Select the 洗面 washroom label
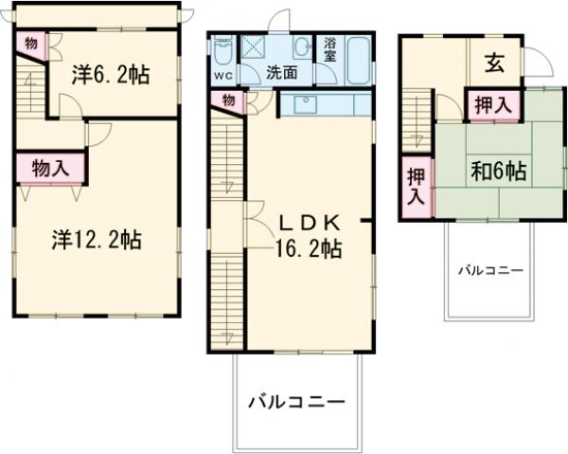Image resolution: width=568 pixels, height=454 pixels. (x=280, y=71)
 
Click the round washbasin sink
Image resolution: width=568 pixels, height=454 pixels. (x=303, y=47)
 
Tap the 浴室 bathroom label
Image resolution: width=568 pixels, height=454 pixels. (x=330, y=50)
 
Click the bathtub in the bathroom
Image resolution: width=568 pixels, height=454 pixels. (x=359, y=61)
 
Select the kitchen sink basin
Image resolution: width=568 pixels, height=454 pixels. (x=304, y=105)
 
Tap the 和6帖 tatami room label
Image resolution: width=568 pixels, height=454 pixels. (x=499, y=172)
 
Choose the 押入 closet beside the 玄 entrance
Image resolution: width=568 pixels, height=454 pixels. (x=489, y=102)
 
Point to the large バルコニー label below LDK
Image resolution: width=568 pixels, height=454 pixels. (x=297, y=400)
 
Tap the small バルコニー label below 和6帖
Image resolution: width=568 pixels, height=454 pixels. (x=490, y=270)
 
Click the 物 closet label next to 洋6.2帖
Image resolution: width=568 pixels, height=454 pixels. (x=31, y=43)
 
